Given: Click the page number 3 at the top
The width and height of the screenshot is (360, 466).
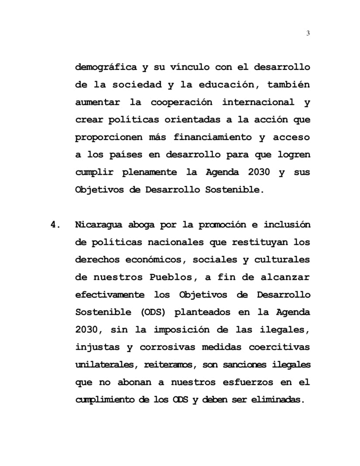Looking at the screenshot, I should (x=308, y=33).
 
